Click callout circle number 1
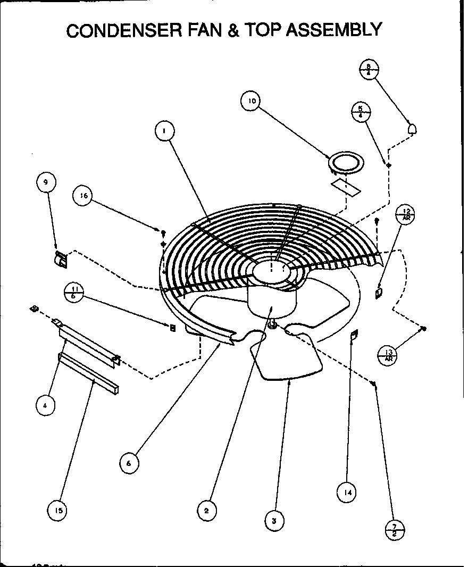pos(165,131)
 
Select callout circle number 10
pos(252,101)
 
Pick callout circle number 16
pos(83,196)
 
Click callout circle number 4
pos(46,406)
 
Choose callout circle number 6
pos(129,463)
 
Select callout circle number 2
pos(206,511)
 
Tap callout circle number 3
pos(274,521)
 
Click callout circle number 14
pos(347,493)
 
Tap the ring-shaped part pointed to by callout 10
pos(346,162)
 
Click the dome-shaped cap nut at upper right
pos(412,129)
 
